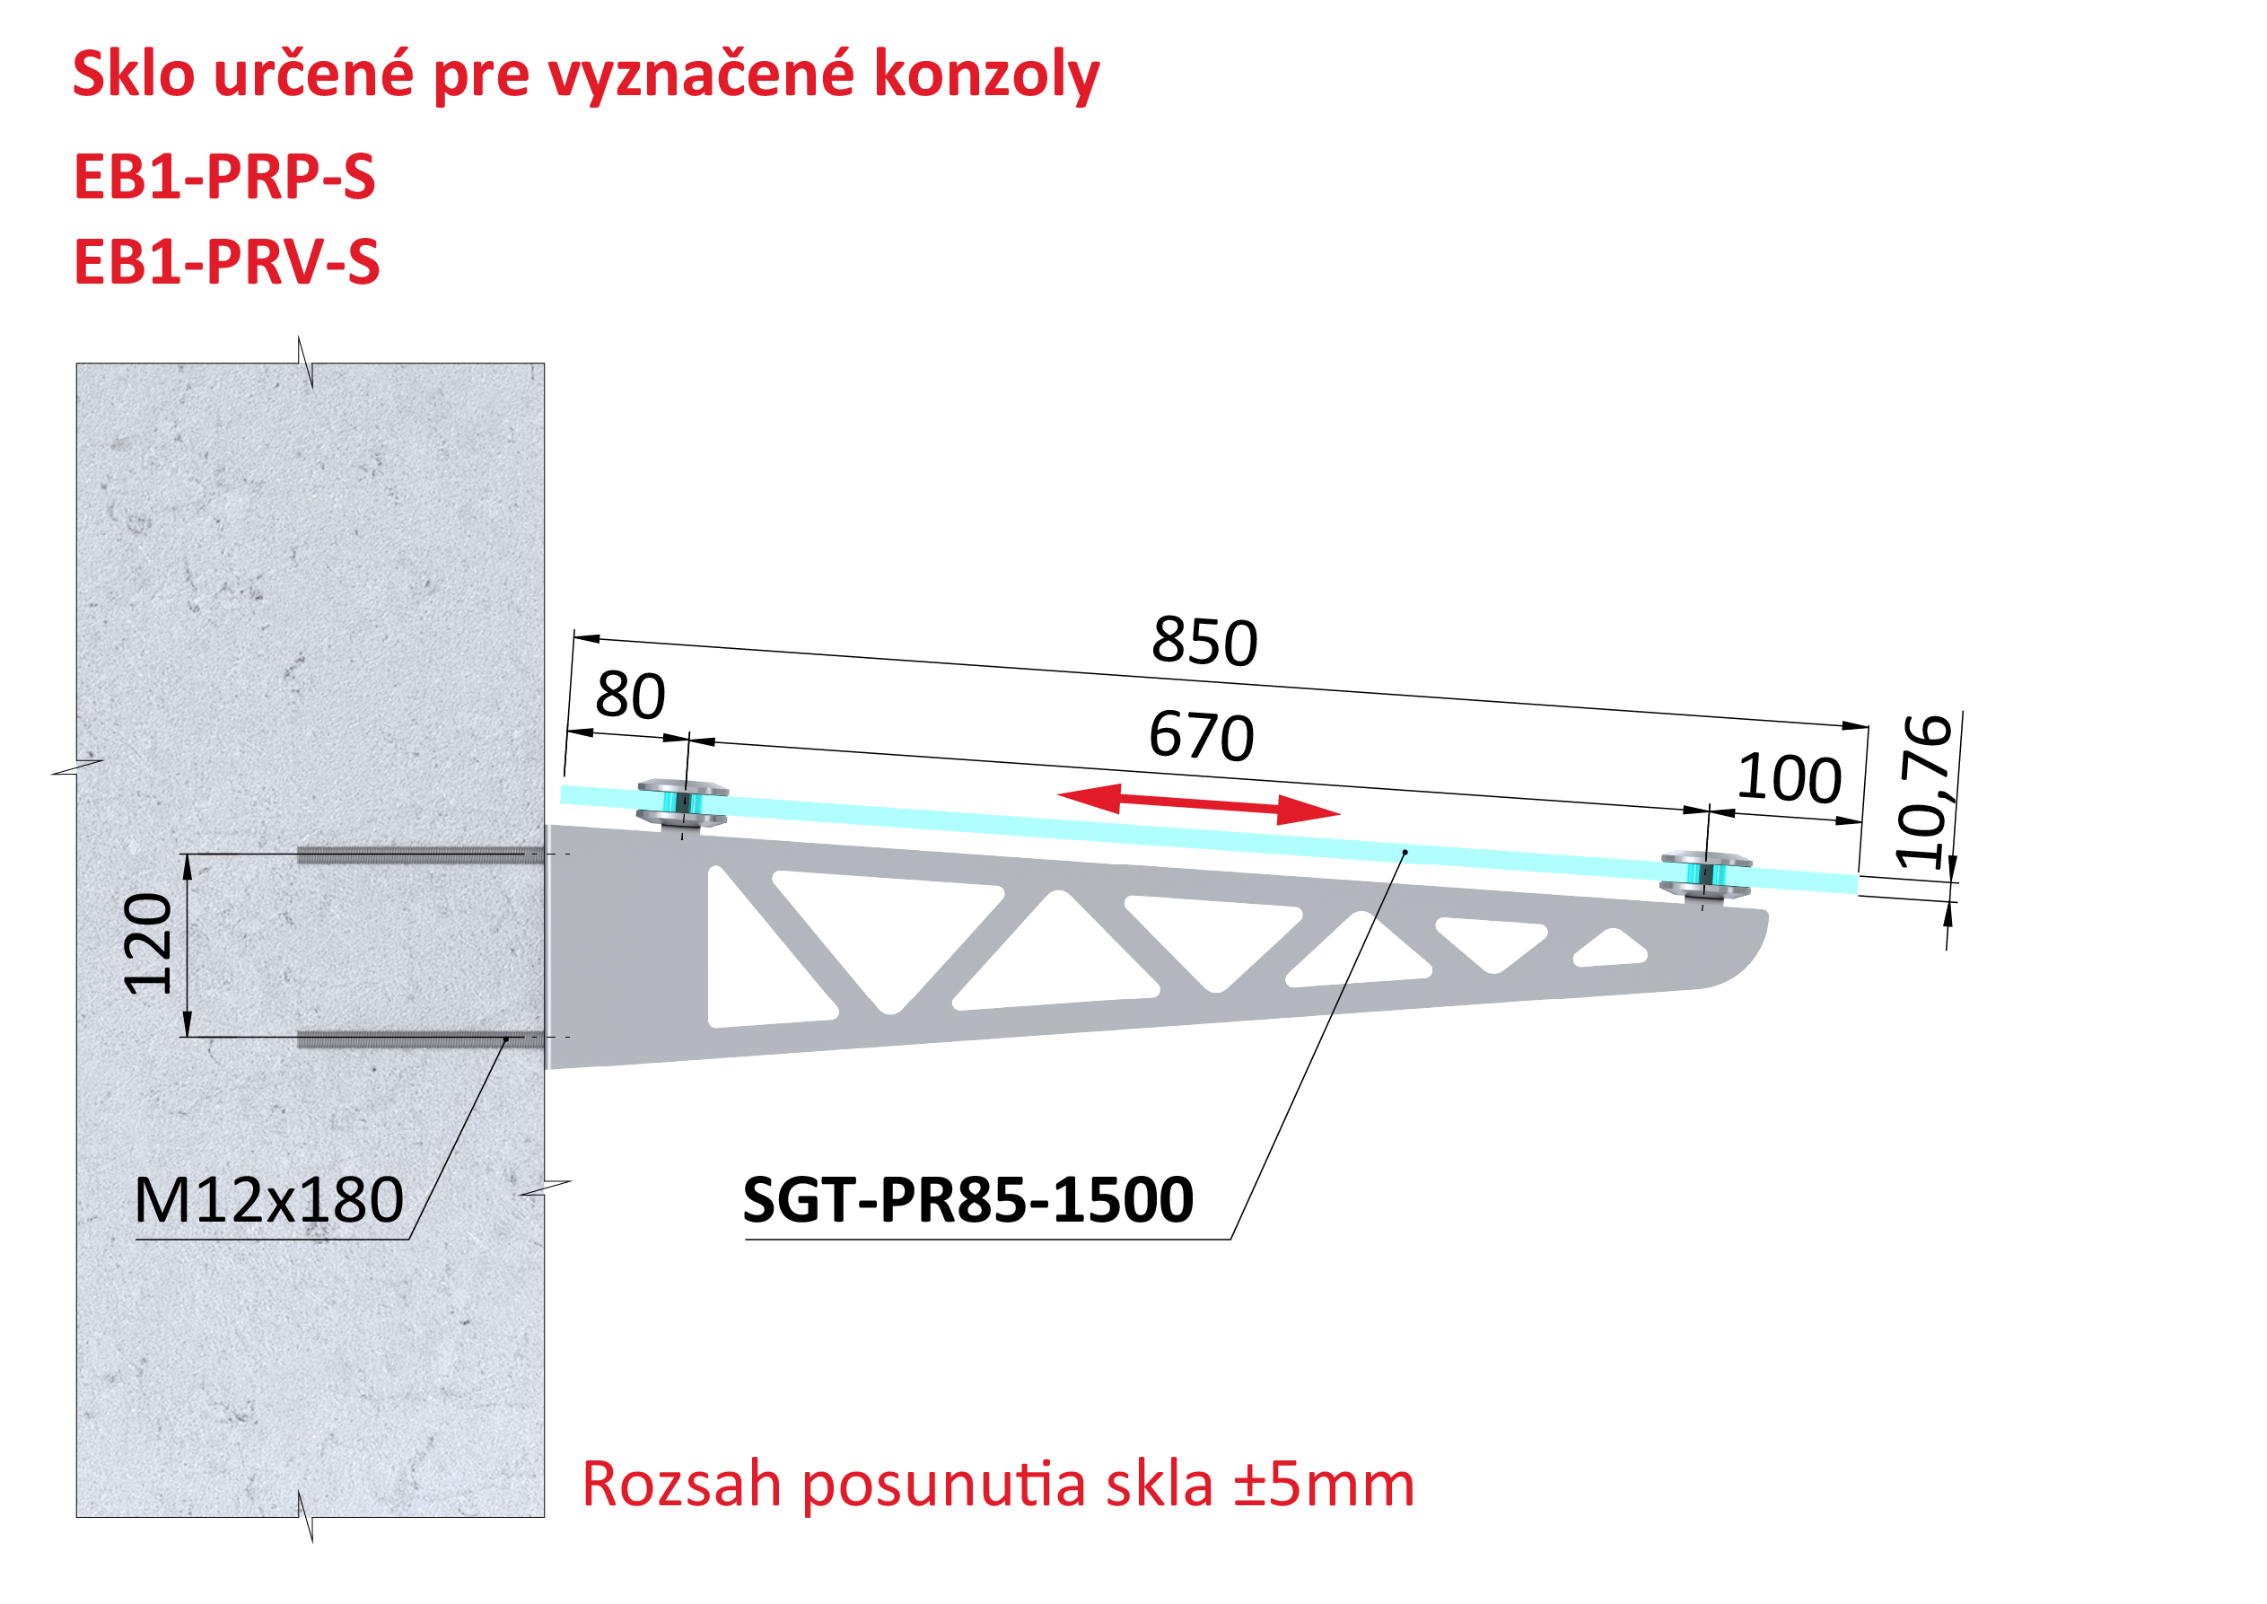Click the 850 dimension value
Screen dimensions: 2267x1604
click(1204, 642)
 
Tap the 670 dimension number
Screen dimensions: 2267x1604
click(1202, 737)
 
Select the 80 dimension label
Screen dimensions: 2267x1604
click(630, 696)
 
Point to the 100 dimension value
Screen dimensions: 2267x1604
click(1790, 778)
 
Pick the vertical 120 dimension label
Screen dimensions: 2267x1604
click(147, 944)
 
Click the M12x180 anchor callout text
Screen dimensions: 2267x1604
click(268, 1200)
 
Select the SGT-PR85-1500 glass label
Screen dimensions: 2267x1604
click(967, 1200)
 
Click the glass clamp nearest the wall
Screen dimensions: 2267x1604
click(682, 804)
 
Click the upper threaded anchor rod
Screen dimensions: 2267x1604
click(421, 855)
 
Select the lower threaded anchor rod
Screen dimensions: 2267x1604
click(421, 1039)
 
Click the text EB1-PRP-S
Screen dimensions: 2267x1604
click(224, 178)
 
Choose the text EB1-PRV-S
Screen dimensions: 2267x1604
click(226, 263)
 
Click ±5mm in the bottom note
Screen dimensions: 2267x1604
click(1324, 1485)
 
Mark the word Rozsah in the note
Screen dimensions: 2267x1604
click(682, 1485)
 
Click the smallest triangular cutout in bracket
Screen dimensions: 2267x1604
click(1609, 947)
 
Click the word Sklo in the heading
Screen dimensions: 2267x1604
click(134, 75)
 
